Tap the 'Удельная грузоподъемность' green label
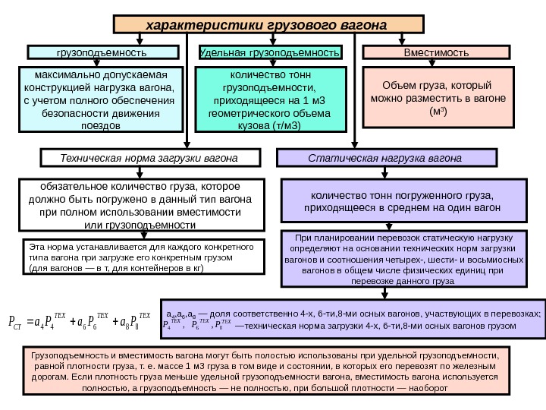[269, 53]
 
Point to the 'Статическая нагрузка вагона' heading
[387, 158]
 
